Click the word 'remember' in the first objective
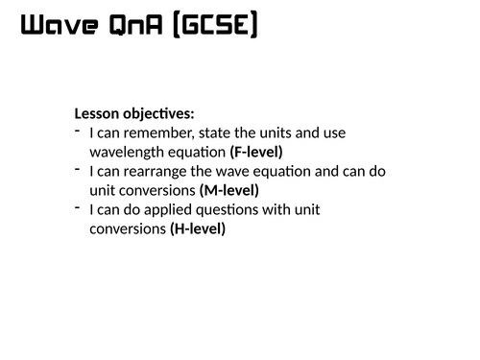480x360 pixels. click(x=153, y=132)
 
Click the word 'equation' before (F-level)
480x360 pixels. click(x=194, y=152)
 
